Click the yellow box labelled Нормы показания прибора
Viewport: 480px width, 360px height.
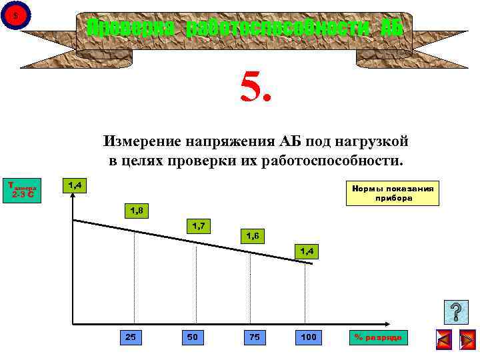393,193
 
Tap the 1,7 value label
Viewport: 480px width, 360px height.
198,226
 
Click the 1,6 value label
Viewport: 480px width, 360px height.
253,236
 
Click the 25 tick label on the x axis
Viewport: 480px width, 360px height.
131,337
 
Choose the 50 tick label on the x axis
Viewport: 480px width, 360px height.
192,337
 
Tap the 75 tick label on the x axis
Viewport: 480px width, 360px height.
253,337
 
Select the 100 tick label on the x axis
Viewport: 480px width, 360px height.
309,337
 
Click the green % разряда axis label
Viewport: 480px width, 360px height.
378,337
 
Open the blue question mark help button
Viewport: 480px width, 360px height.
455,312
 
